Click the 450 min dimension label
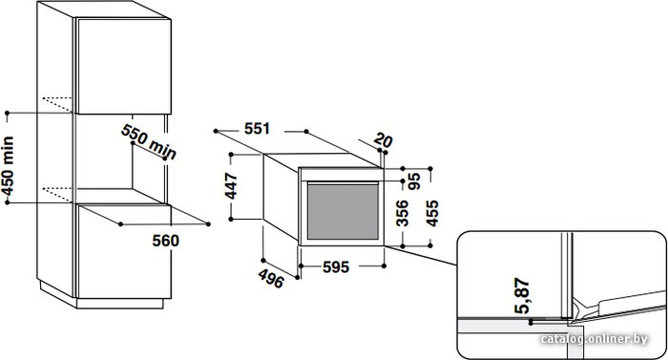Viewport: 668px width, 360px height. point(9,165)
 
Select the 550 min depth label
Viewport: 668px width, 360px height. point(149,142)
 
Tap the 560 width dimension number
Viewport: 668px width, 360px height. point(166,241)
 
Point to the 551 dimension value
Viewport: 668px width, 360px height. point(258,129)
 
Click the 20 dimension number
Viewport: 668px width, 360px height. point(383,140)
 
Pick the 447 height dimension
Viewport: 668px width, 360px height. point(231,185)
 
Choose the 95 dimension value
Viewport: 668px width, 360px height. point(413,181)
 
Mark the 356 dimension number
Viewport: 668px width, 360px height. point(402,213)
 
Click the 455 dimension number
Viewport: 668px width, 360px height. point(432,213)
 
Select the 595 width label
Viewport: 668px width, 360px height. point(336,267)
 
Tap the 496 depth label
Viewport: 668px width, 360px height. point(271,279)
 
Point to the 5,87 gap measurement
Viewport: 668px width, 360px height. point(522,295)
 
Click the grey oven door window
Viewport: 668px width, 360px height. point(343,212)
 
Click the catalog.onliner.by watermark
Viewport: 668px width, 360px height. point(594,340)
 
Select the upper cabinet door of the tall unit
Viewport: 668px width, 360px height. point(124,66)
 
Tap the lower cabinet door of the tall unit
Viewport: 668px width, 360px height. point(124,251)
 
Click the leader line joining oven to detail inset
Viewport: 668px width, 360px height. point(421,256)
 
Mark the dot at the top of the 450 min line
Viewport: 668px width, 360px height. point(8,113)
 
